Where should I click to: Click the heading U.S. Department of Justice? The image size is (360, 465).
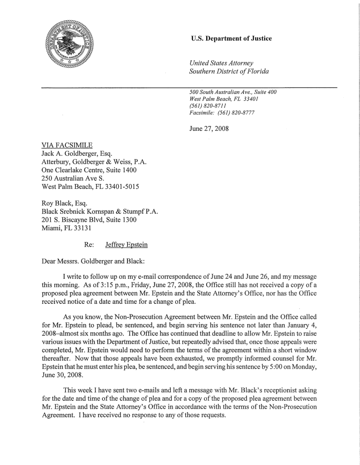pyautogui.click(x=231, y=39)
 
